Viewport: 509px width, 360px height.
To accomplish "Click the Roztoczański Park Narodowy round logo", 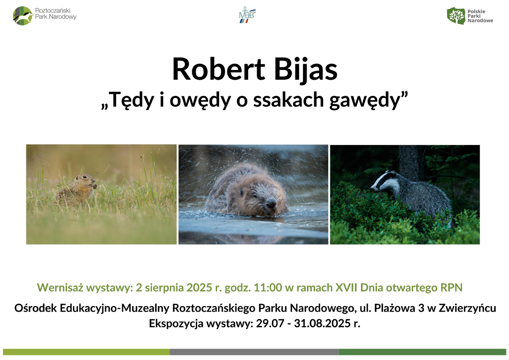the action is point(23,16).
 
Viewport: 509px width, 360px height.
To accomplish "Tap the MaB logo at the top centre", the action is point(247,15).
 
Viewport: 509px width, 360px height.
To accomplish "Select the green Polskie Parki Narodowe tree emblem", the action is point(456,16).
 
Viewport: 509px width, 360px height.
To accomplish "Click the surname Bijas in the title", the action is point(306,69).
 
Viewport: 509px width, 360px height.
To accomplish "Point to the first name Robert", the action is point(218,69).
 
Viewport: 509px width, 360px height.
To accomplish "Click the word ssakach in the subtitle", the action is point(288,100).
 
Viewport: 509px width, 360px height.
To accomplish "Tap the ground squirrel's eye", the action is point(84,177).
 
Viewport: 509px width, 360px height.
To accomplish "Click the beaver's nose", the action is point(271,203).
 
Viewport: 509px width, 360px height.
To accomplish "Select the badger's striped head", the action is point(384,182).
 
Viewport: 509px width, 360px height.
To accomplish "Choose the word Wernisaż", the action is point(60,287).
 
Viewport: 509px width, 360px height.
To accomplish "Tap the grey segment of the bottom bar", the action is point(255,352).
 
